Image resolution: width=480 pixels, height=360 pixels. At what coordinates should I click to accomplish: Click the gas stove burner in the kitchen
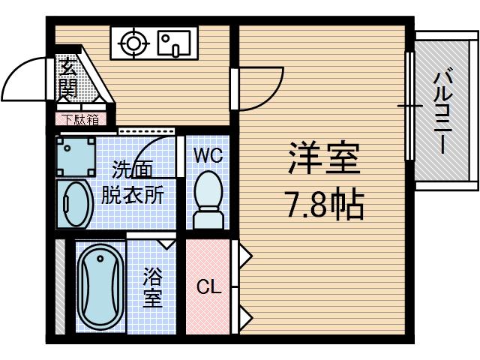[x=133, y=43]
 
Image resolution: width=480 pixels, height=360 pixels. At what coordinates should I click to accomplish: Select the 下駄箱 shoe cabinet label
[x=79, y=118]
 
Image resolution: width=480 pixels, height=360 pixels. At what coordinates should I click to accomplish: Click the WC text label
[x=208, y=156]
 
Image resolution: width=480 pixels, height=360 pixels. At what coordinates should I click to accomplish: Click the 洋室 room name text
[x=323, y=157]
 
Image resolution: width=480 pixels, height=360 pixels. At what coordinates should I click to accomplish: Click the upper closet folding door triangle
[x=245, y=256]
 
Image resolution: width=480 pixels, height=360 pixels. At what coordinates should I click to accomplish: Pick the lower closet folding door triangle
[x=245, y=314]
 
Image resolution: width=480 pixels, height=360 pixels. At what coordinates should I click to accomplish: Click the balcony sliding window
[x=409, y=106]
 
